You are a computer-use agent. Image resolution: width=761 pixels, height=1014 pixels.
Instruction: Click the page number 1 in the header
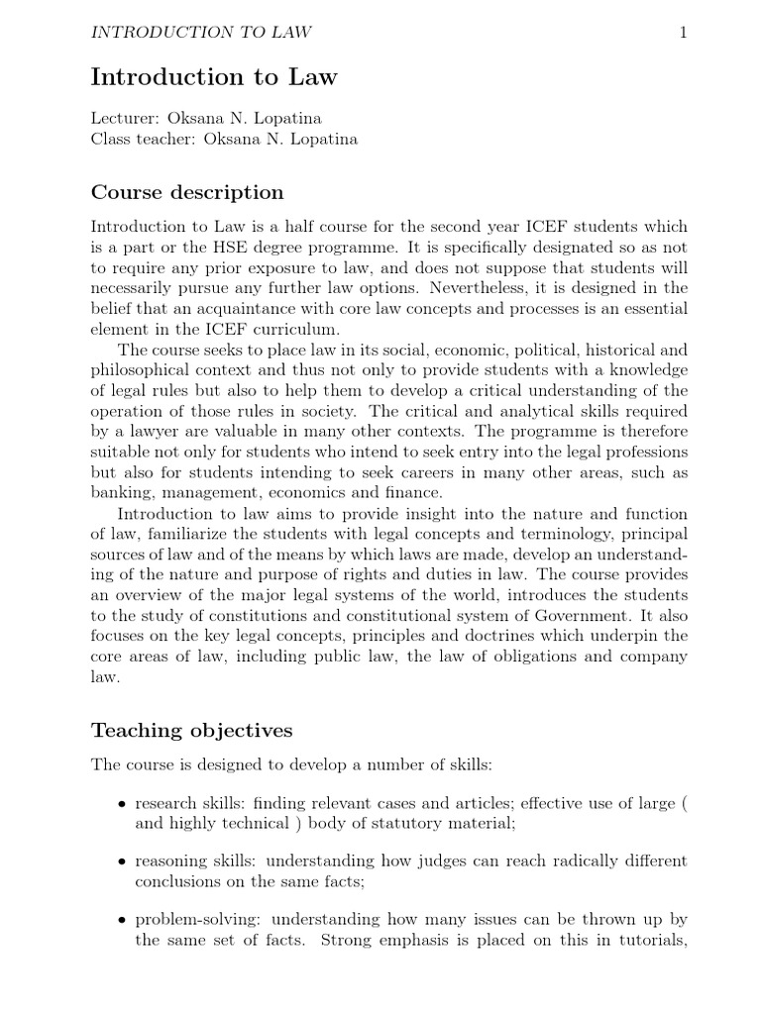pos(683,33)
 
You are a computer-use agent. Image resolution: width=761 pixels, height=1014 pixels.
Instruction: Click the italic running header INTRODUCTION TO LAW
pos(201,33)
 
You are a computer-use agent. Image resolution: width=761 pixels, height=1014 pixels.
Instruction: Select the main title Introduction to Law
pos(214,76)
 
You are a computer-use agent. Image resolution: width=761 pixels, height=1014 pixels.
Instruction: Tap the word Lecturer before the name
pos(125,118)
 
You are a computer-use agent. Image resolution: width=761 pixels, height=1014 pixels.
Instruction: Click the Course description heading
pos(187,192)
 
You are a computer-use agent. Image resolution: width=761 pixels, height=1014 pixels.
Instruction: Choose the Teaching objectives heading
pos(192,731)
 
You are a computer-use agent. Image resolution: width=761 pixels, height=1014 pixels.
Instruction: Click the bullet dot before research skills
pos(121,804)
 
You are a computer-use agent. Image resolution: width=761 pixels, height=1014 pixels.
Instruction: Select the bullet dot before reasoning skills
pos(121,861)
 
